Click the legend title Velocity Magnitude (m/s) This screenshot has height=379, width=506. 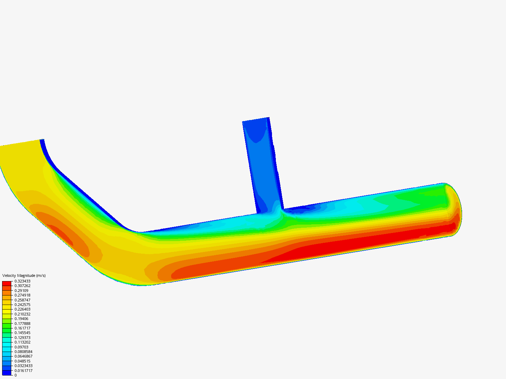24,275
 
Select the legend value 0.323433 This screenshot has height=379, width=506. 22,281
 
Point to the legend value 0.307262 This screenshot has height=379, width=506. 22,286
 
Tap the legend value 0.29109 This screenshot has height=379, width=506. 21,291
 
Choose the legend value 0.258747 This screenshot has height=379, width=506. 22,300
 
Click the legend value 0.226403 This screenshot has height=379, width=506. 22,309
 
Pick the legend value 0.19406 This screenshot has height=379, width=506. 21,319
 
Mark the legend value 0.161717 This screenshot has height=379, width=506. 22,328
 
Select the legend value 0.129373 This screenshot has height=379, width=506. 22,338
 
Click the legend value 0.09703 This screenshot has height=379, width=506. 21,347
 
